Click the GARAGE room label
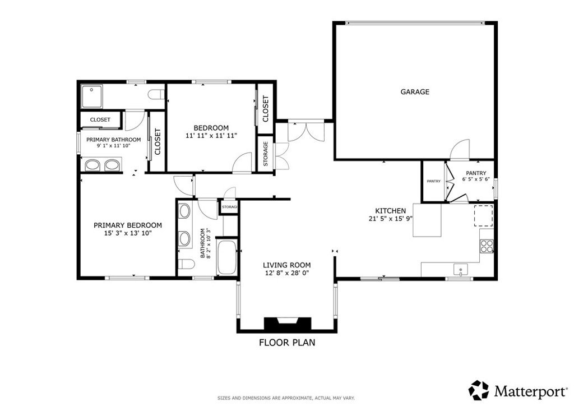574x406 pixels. (x=415, y=91)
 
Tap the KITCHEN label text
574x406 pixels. (x=391, y=211)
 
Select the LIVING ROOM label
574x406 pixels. (x=286, y=265)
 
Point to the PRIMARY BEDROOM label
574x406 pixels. (x=128, y=225)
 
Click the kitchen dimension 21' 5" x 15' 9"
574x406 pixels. (x=391, y=219)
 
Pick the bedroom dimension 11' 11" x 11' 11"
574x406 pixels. (x=211, y=136)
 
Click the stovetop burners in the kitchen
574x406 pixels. (x=487, y=246)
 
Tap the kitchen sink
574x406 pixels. (x=460, y=270)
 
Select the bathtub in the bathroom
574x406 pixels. (x=227, y=257)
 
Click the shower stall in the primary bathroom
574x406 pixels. (x=92, y=96)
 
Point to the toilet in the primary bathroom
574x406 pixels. (x=156, y=95)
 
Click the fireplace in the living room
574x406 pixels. (x=288, y=324)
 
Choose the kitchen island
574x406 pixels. (x=427, y=220)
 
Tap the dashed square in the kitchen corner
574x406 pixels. (x=484, y=216)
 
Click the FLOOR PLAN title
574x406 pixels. (x=287, y=343)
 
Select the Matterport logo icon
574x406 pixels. (x=479, y=390)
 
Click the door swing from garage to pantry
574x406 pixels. (x=460, y=149)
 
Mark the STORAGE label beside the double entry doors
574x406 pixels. (x=266, y=154)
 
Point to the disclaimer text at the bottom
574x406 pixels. (x=286, y=398)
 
